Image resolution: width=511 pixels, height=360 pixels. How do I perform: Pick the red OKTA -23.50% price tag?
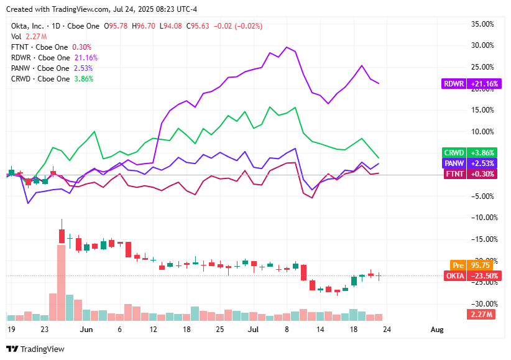(468, 275)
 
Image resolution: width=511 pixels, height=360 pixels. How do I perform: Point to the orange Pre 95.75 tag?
(468, 264)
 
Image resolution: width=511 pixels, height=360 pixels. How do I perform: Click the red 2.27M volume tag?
(481, 314)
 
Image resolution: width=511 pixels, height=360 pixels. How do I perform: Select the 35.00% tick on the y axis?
(482, 24)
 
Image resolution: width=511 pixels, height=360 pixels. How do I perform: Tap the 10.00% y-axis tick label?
(482, 132)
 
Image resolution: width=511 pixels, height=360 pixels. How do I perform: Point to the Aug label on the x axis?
(437, 329)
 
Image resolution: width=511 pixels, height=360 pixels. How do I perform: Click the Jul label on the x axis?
(254, 329)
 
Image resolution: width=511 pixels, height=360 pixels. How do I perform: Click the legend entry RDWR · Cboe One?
(40, 58)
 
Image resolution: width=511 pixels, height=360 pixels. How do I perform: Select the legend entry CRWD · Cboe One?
(40, 79)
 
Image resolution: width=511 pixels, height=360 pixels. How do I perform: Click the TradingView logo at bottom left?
(35, 349)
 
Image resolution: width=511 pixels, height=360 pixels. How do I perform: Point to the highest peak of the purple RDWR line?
(287, 47)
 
